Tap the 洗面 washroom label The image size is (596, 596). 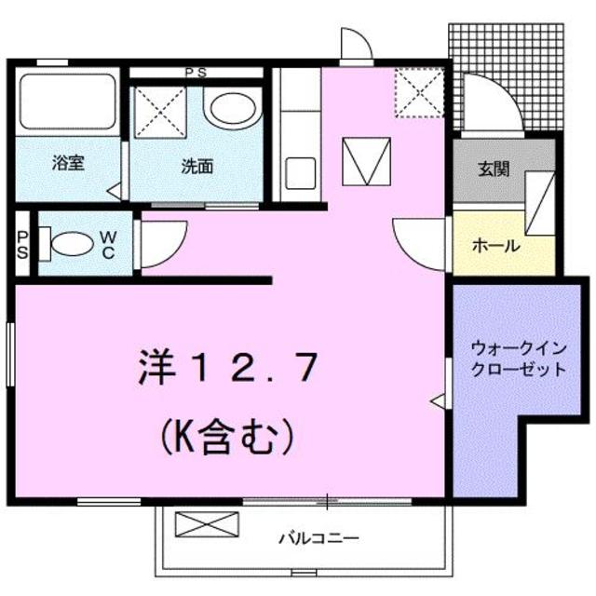click(196, 167)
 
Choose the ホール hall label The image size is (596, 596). click(495, 246)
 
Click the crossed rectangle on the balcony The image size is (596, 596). click(195, 524)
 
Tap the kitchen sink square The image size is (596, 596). click(301, 173)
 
